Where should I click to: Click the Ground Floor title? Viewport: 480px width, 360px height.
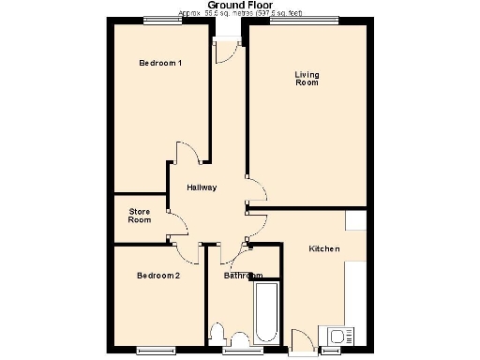coord(239,6)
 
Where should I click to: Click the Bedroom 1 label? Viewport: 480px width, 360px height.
coord(160,63)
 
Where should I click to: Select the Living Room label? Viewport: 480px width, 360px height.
coord(307,79)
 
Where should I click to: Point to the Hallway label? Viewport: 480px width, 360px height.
coord(202,187)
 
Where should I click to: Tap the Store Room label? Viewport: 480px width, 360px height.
coord(140,216)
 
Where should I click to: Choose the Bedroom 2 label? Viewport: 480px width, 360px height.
coord(157,276)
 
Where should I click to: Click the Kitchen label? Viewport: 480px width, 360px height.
coord(324,248)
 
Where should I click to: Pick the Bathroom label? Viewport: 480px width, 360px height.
coord(243,276)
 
